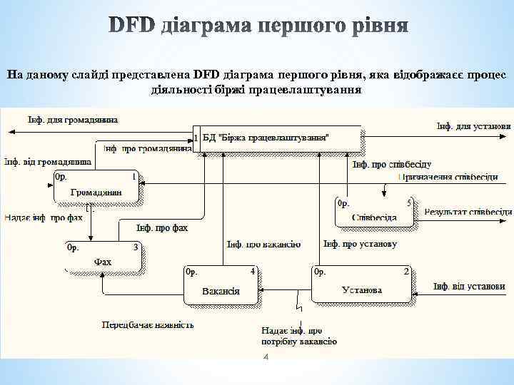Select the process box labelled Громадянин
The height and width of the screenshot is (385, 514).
(x=96, y=187)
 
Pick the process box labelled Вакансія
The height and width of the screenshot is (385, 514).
(x=221, y=284)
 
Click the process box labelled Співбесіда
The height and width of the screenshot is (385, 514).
(x=375, y=212)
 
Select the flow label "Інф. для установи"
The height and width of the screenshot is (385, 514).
(x=473, y=126)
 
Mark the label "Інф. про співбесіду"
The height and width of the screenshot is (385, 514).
(x=391, y=164)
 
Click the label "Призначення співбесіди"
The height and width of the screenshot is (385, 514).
(x=448, y=177)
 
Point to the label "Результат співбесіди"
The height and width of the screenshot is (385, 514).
(x=468, y=212)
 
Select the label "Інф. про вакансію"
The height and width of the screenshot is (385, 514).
(x=263, y=245)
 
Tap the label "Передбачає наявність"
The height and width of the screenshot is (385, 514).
(x=148, y=324)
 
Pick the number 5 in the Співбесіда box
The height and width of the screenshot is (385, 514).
(x=409, y=202)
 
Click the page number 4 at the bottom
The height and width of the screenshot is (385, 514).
(x=266, y=356)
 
